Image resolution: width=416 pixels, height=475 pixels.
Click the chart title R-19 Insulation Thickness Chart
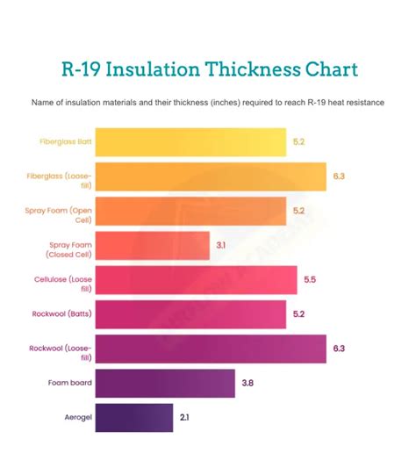208,68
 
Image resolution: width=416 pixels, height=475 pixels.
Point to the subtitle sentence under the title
208,103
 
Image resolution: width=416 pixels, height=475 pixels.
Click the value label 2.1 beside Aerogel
184,417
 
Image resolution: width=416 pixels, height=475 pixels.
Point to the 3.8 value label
248,383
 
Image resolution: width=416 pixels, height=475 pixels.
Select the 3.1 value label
222,245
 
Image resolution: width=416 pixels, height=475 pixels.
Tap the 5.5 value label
310,279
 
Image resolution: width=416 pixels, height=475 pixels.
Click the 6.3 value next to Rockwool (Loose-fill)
339,349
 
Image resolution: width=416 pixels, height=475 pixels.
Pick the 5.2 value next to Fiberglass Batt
299,141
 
